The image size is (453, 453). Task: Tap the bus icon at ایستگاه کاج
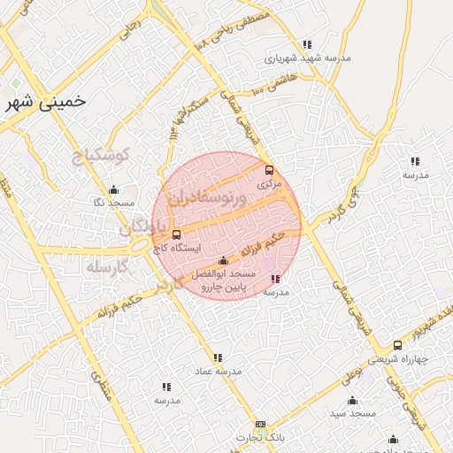click(176, 234)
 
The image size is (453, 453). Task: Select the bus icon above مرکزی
click(269, 171)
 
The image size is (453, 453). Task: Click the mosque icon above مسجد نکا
click(113, 189)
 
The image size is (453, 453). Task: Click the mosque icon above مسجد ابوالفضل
click(222, 260)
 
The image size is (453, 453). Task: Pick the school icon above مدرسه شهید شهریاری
click(307, 44)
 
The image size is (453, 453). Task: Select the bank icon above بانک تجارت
click(259, 425)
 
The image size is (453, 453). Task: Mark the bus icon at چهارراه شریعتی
click(396, 345)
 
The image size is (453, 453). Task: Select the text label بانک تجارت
click(259, 438)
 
